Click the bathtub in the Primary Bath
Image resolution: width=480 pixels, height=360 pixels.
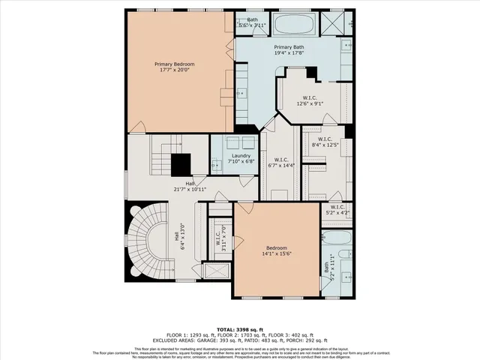[293, 25]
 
